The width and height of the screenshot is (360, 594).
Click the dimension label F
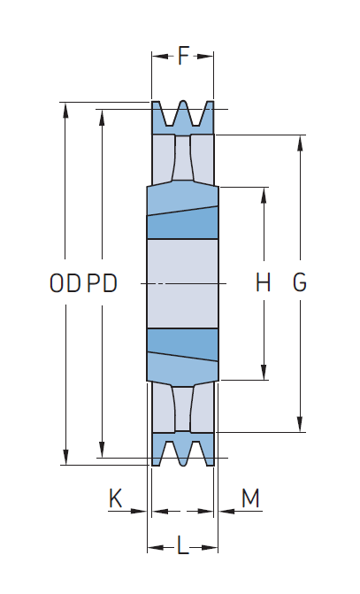tap(183, 56)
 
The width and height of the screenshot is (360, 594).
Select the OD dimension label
tap(65, 283)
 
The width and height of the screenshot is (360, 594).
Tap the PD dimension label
tap(102, 283)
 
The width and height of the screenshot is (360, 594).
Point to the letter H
tap(263, 282)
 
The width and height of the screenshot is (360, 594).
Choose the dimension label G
tap(300, 282)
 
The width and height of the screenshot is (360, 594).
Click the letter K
tap(116, 498)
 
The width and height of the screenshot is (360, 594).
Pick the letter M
tap(250, 498)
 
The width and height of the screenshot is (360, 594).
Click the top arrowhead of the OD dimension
tap(65, 111)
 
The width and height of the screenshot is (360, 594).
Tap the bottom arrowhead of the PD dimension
tap(102, 450)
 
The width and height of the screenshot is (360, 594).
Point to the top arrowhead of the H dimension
tap(264, 195)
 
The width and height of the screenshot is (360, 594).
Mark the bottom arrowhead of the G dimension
tap(300, 424)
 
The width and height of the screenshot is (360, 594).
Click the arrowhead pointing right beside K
tap(139, 511)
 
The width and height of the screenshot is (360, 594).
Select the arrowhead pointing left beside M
tap(226, 511)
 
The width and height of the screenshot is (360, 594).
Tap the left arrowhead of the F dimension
tap(160, 57)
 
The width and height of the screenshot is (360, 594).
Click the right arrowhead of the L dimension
tap(210, 547)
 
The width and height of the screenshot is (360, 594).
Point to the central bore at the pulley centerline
tap(182, 283)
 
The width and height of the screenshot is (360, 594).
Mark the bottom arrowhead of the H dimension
tap(264, 372)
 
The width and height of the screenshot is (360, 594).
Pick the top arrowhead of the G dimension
tap(300, 143)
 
